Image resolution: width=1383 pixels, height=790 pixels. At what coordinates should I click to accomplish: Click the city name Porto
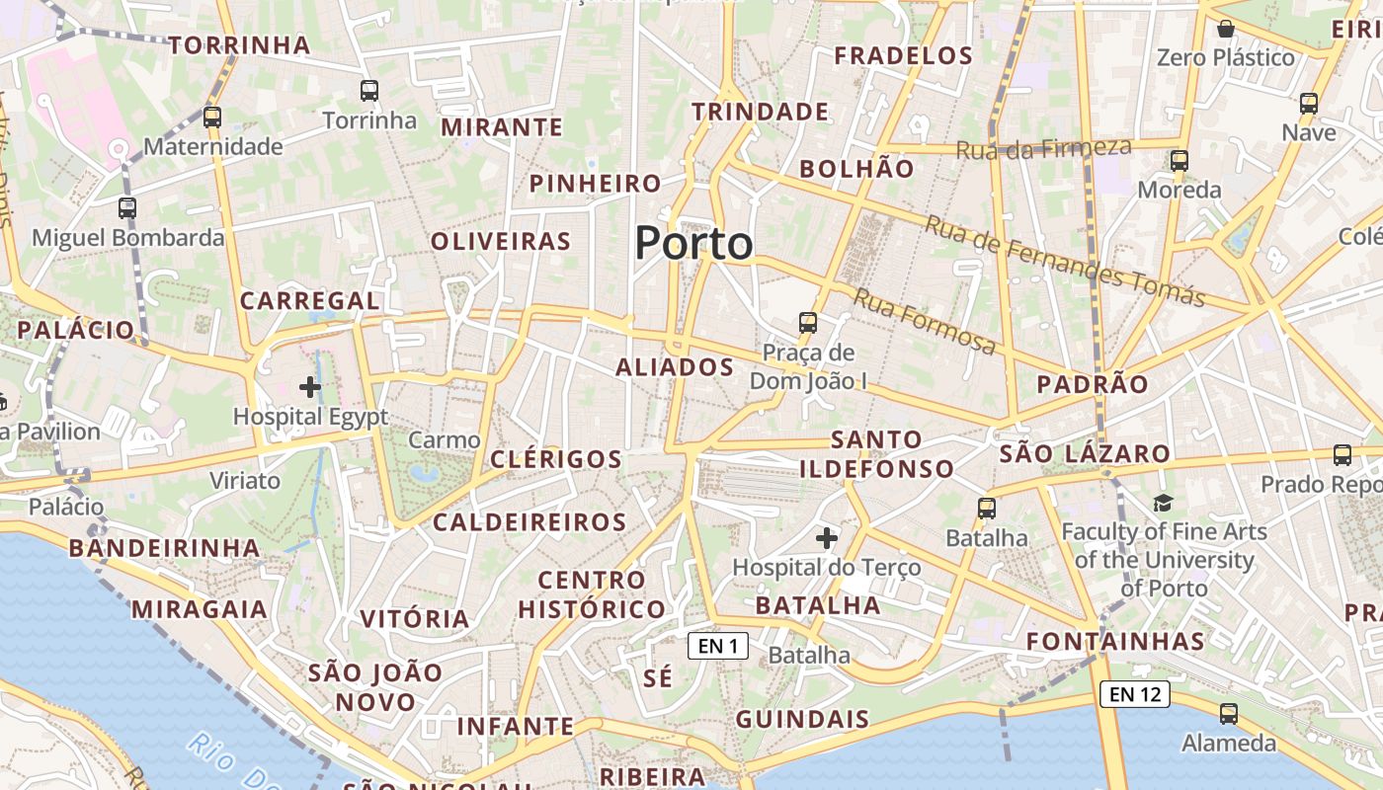point(693,243)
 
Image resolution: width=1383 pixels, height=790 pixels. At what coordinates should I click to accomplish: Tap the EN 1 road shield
point(718,646)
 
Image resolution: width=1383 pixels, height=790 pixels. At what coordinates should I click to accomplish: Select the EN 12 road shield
point(1135,694)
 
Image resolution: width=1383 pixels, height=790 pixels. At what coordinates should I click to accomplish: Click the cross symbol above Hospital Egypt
point(310,387)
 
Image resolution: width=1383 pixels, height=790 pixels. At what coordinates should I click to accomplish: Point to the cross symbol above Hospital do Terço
point(827,538)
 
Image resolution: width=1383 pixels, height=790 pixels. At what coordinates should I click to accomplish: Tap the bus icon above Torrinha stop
point(369,91)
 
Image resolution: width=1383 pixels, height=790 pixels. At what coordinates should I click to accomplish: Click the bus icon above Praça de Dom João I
point(808,322)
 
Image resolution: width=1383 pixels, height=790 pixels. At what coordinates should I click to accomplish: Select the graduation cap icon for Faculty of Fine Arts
point(1163,504)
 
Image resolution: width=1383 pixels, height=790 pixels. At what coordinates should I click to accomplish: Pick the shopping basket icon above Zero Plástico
point(1226,29)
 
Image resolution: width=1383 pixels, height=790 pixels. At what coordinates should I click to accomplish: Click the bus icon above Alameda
point(1229,713)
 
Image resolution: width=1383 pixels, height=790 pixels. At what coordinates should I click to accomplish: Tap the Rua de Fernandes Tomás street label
point(1065,261)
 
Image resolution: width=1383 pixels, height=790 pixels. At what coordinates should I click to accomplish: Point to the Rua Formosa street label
point(925,321)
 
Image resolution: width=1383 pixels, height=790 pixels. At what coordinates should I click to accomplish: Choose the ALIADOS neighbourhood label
point(675,367)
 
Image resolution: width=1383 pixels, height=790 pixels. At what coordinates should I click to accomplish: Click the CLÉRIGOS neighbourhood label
point(556,459)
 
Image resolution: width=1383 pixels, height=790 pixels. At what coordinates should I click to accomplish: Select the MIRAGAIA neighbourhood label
point(200,609)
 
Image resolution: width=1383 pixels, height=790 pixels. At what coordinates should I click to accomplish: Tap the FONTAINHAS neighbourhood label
point(1115,642)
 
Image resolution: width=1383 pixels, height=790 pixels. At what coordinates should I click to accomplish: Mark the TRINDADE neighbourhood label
point(760,112)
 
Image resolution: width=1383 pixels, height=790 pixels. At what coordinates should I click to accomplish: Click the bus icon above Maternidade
point(212,118)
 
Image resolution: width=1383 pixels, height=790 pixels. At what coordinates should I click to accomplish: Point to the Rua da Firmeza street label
point(1043,149)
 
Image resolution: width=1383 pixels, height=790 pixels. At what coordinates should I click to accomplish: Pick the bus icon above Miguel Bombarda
point(127,208)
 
